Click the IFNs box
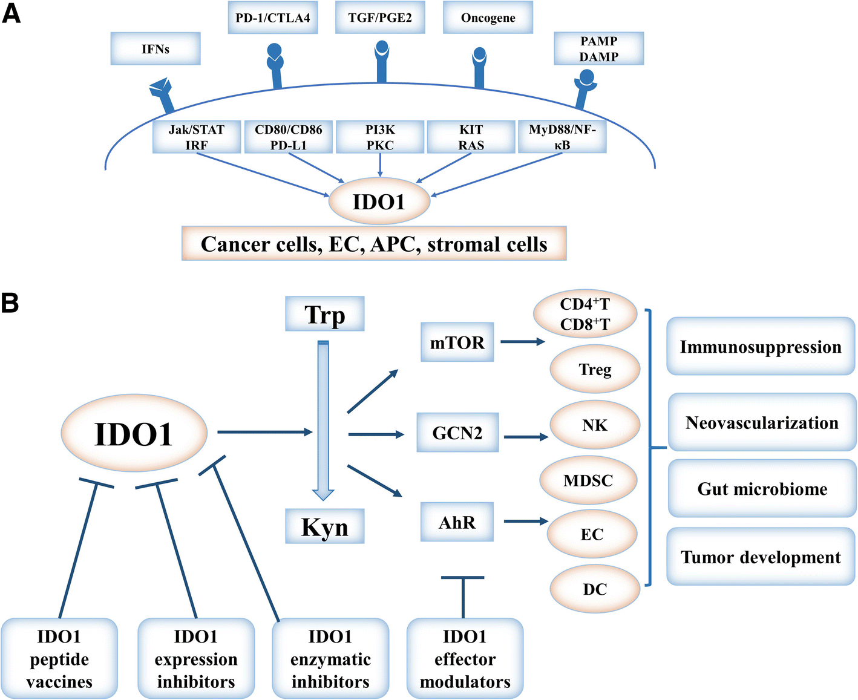(156, 49)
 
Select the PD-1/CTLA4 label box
(273, 18)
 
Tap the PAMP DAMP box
(598, 49)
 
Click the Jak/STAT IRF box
(197, 137)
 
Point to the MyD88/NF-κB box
(562, 137)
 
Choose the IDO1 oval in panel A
(379, 201)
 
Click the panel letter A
(11, 13)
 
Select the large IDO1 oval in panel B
(134, 433)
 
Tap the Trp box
(325, 314)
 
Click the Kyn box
(325, 526)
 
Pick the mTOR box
(457, 342)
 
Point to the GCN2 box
(457, 433)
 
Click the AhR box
(457, 522)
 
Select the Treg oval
(595, 369)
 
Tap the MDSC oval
(588, 480)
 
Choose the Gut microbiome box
(762, 488)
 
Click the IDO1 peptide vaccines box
(59, 658)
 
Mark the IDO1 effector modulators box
(465, 658)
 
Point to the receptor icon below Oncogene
(479, 67)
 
